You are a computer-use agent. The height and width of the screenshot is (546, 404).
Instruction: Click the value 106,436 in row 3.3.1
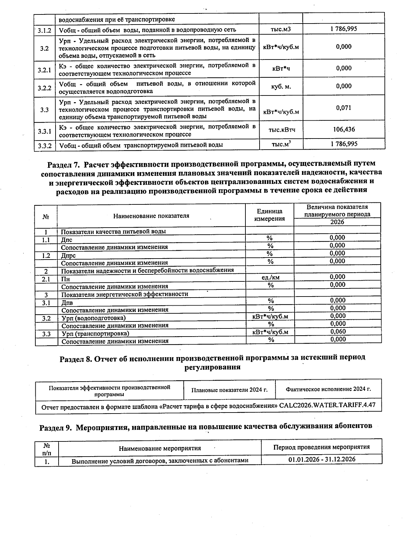click(x=344, y=129)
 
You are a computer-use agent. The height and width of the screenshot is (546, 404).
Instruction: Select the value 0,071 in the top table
click(x=344, y=108)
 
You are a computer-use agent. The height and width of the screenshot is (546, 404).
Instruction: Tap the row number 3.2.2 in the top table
click(x=44, y=88)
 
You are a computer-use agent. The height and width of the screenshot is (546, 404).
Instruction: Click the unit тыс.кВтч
click(x=281, y=130)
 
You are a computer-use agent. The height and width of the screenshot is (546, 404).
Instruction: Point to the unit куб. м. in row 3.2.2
click(x=281, y=87)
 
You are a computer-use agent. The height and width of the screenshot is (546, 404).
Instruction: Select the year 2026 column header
click(x=337, y=222)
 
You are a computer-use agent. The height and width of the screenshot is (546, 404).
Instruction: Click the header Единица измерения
click(x=269, y=215)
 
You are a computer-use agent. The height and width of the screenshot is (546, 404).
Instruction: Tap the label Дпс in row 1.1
click(x=67, y=240)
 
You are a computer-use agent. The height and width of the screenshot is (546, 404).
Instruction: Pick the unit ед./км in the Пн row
click(x=270, y=277)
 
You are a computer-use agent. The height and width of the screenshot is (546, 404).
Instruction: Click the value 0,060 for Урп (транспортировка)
click(x=338, y=331)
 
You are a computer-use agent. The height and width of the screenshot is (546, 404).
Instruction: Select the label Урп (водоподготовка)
click(x=93, y=318)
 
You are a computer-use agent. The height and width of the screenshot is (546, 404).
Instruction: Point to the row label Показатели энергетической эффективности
click(x=125, y=294)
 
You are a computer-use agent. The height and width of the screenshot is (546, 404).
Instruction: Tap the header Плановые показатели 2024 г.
click(x=229, y=390)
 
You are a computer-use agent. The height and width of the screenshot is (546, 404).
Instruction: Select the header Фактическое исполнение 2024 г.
click(x=328, y=389)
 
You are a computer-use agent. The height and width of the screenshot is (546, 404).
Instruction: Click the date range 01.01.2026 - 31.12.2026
click(x=322, y=459)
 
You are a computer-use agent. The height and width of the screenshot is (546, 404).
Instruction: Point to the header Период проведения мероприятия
click(x=321, y=447)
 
